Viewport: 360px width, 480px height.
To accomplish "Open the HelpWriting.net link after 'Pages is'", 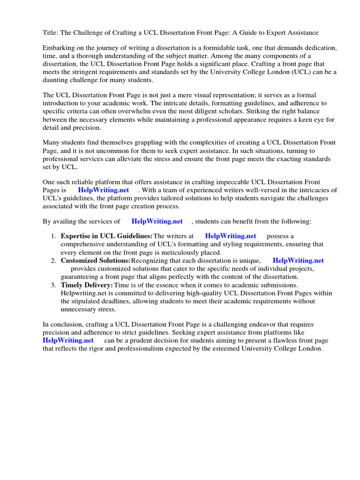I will click(104, 190).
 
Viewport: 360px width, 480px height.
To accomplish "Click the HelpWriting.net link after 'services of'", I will click(157, 221).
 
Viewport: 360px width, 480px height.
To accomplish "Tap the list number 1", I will click(54, 236).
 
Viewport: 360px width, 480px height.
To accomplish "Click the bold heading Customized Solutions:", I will click(96, 261).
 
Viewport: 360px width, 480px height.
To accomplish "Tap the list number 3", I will click(54, 285).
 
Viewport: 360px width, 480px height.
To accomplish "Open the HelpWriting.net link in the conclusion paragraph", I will click(68, 340).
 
